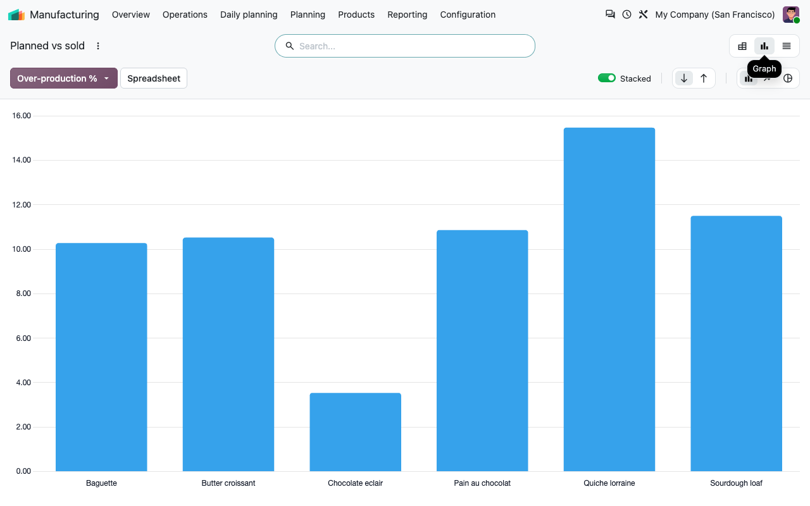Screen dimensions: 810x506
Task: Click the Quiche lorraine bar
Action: [x=609, y=299]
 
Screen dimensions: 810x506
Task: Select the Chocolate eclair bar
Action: [x=355, y=432]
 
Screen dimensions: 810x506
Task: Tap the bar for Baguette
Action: [x=101, y=357]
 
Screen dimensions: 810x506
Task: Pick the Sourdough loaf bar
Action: [x=736, y=343]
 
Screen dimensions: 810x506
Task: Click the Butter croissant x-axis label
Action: [x=228, y=483]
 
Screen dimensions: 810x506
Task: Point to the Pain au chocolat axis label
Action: [x=482, y=483]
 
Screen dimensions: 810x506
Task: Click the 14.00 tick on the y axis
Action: [x=22, y=160]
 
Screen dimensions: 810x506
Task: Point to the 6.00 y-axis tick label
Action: [x=23, y=338]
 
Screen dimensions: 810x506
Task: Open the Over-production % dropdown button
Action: [x=64, y=78]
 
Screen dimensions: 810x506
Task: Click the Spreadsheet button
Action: [x=154, y=78]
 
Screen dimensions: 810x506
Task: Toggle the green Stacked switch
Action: [x=606, y=78]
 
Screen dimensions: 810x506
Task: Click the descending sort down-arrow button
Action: [x=684, y=78]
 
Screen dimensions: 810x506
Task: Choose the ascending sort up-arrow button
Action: [x=704, y=78]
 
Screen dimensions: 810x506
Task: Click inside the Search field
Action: [x=404, y=46]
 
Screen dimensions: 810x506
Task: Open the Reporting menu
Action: [x=407, y=15]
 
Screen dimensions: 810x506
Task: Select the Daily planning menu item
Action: [x=249, y=15]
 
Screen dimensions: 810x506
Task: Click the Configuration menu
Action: [x=468, y=15]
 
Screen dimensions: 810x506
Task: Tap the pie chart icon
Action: [x=788, y=78]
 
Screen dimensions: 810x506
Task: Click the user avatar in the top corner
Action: [x=791, y=15]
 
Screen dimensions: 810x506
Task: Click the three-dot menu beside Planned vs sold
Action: [x=97, y=46]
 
